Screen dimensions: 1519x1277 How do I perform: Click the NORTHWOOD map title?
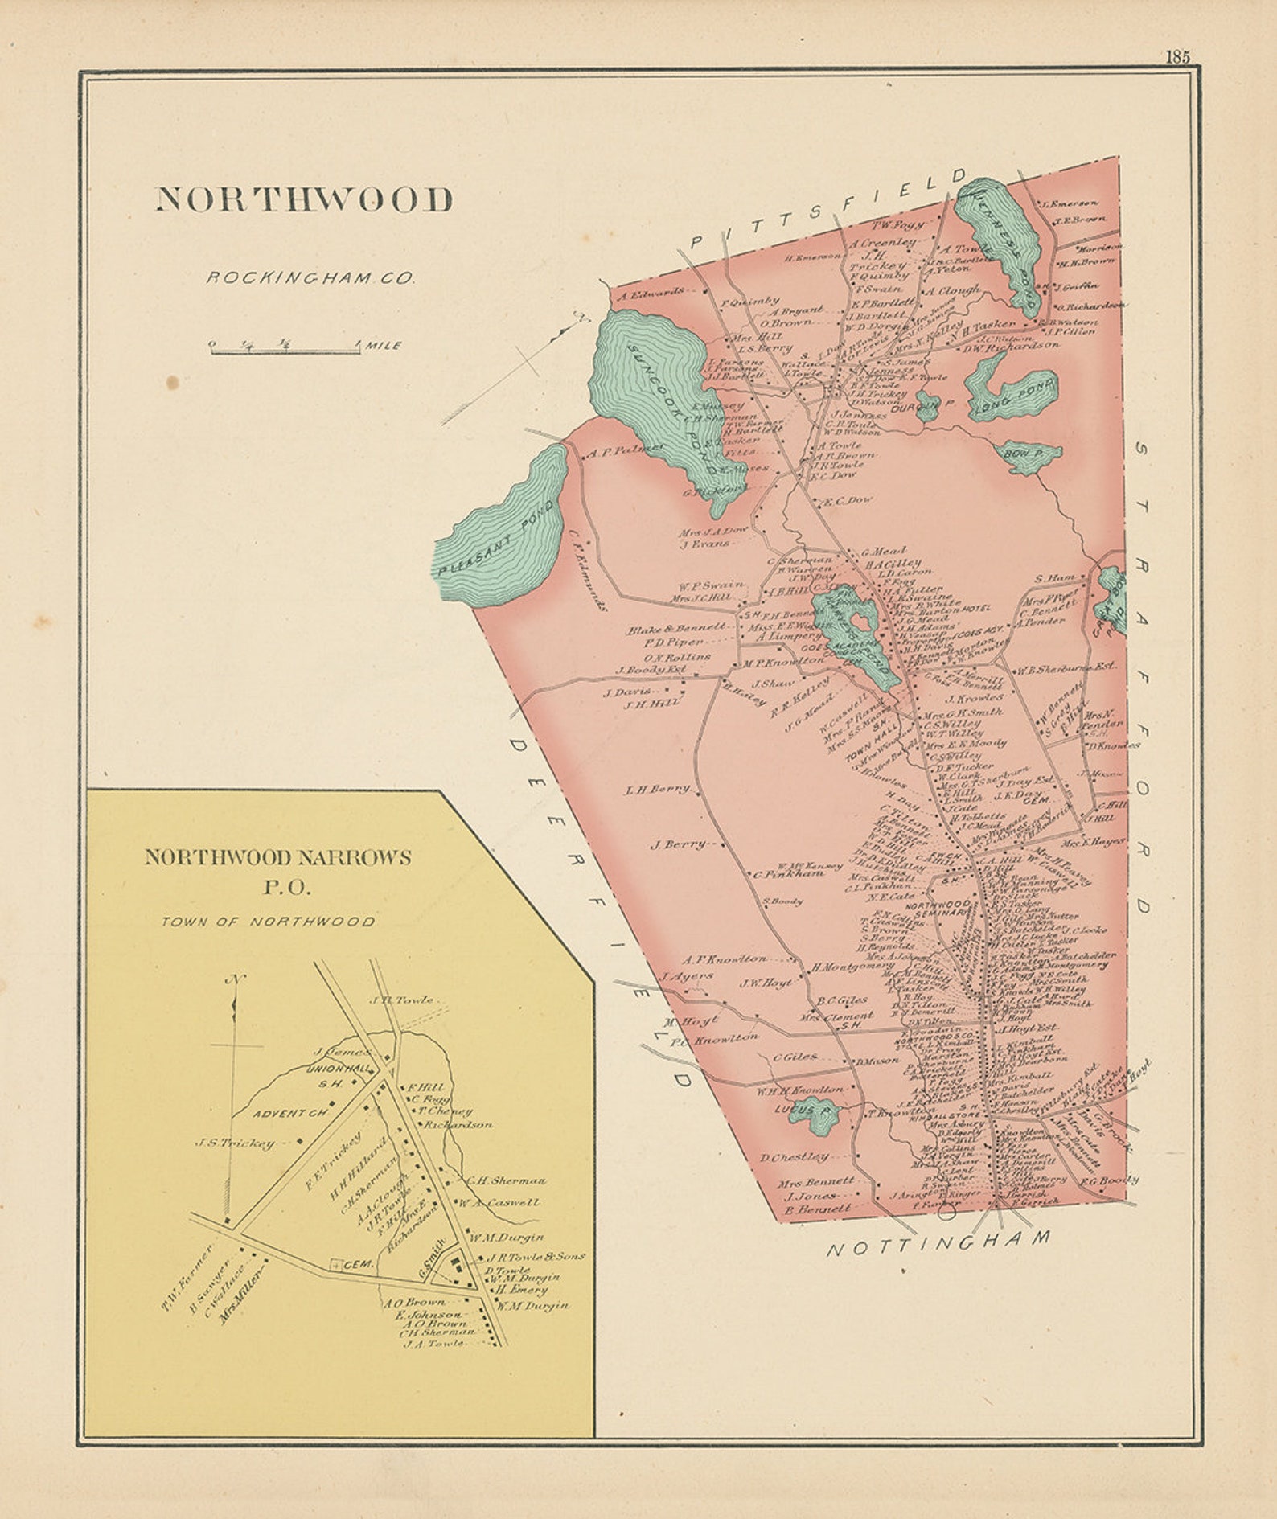click(x=304, y=199)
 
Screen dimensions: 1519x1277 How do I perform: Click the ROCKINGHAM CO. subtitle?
click(x=310, y=278)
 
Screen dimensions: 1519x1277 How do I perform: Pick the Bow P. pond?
click(x=1027, y=456)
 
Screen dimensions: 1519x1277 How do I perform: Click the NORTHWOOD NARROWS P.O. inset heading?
click(x=277, y=871)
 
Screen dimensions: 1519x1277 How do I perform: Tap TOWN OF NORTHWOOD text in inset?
click(x=268, y=922)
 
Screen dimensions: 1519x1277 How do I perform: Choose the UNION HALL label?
click(x=340, y=1069)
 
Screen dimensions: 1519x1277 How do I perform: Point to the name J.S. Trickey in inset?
click(x=236, y=1143)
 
